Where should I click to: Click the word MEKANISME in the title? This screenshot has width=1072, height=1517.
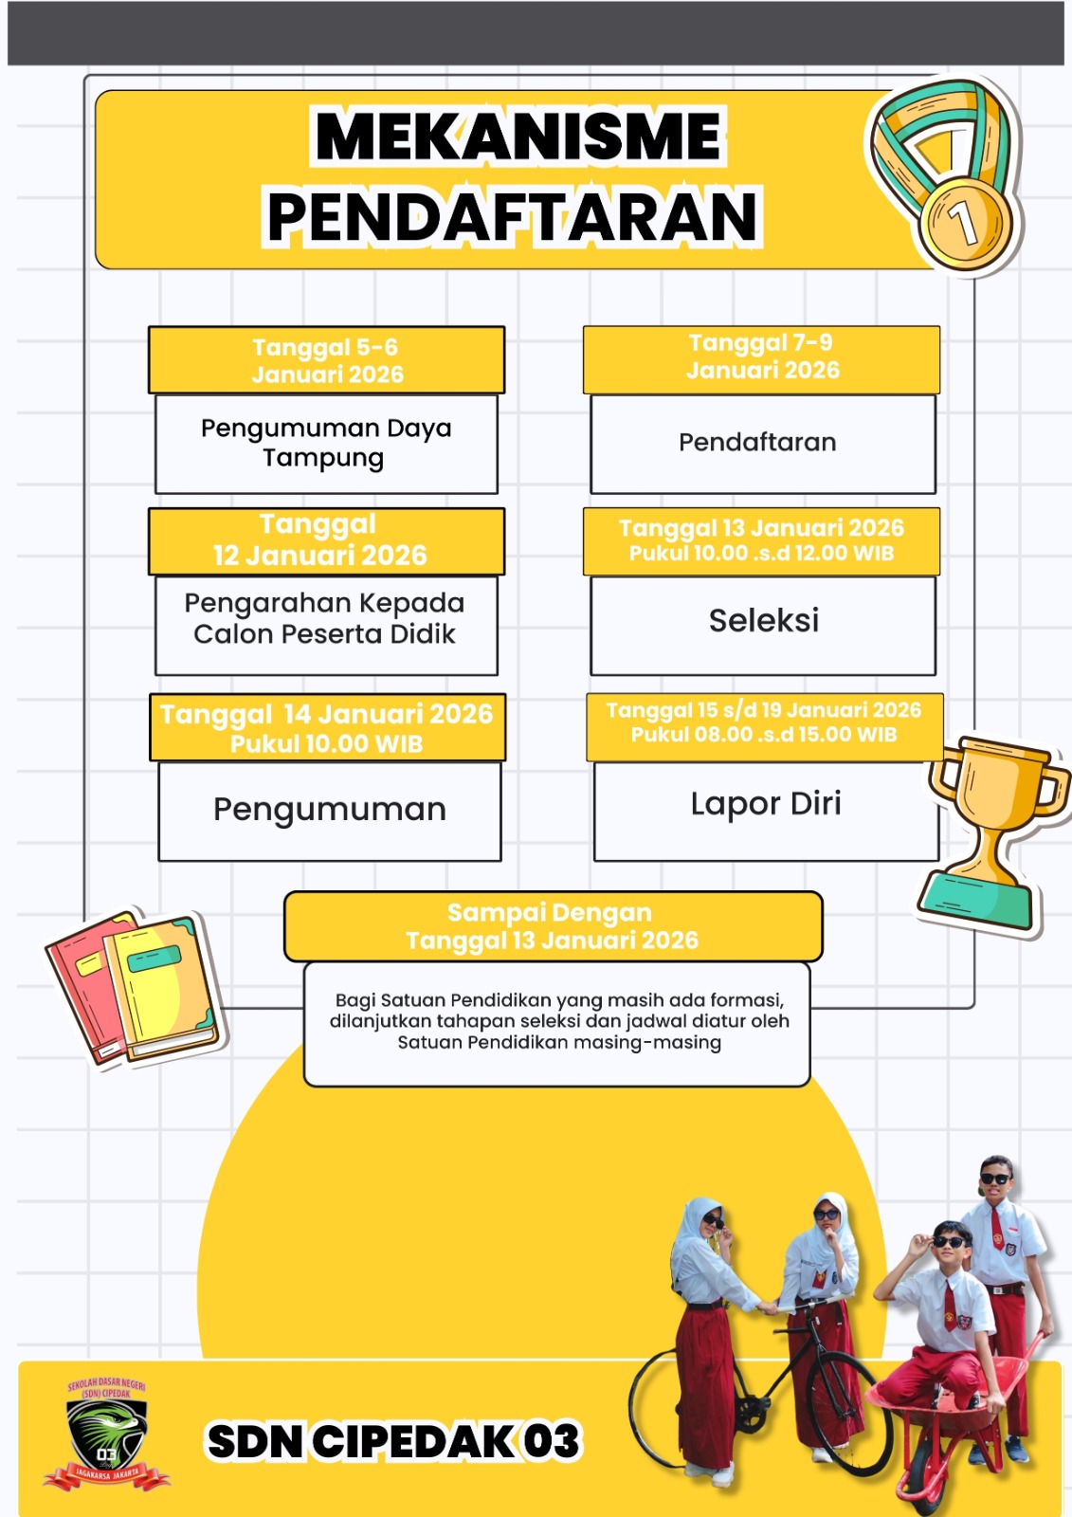coord(518,137)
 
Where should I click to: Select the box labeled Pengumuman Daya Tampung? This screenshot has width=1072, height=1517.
coord(326,443)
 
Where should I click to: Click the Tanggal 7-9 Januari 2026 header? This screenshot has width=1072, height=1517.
coord(762,357)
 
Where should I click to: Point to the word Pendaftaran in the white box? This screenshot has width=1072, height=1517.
coord(757,442)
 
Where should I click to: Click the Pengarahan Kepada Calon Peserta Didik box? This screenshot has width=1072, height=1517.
coord(325,619)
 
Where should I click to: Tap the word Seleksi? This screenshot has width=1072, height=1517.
coord(763,620)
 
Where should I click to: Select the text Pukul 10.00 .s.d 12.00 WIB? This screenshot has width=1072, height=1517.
coord(761,554)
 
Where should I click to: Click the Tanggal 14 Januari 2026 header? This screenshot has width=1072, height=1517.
coord(326,725)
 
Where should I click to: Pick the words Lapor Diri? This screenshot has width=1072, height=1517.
coord(766,804)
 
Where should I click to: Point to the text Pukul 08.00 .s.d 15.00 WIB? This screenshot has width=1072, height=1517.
coord(763,735)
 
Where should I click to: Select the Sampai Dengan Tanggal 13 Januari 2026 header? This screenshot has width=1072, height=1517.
coord(552,926)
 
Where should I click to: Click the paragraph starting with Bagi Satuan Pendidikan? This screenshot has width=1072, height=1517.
coord(559,1021)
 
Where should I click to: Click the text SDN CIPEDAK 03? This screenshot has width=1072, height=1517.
coord(392,1441)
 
